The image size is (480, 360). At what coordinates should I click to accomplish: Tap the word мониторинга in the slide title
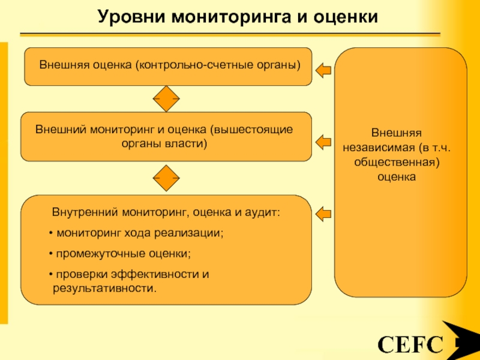pos(231,17)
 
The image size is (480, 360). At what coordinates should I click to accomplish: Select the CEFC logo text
pos(410,344)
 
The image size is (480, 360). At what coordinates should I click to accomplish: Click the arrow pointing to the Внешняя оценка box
pos(323,70)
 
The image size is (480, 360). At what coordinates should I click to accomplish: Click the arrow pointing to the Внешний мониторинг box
pos(323,142)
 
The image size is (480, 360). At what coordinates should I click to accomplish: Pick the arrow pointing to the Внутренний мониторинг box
pos(323,214)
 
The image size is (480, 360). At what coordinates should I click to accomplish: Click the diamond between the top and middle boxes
pos(166,98)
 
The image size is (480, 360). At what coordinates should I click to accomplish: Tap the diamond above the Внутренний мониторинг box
pos(166,178)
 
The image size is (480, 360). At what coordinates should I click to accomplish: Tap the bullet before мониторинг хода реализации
pos(51,233)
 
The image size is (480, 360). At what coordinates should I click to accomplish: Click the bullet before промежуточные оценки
pos(51,254)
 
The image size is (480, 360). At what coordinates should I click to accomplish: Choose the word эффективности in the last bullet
pos(155,274)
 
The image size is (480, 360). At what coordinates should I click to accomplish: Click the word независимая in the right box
pos(379,148)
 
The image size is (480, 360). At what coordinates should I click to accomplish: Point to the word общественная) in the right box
pos(397,162)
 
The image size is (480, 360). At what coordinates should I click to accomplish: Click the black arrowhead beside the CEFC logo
pos(461,340)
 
